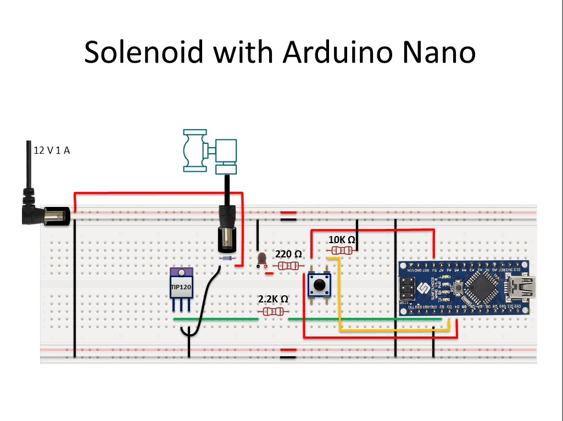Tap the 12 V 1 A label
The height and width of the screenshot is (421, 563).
(52, 150)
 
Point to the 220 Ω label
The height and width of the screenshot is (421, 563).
(288, 254)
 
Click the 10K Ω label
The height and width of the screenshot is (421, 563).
(342, 240)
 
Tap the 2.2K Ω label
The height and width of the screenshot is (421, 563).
(273, 299)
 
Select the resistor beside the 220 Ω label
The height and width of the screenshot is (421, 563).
(288, 266)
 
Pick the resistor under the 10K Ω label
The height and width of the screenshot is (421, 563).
(342, 251)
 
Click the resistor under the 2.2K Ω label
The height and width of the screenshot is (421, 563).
(273, 312)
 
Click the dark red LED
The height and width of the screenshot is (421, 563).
(261, 258)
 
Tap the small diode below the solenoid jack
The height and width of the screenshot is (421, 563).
(227, 257)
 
